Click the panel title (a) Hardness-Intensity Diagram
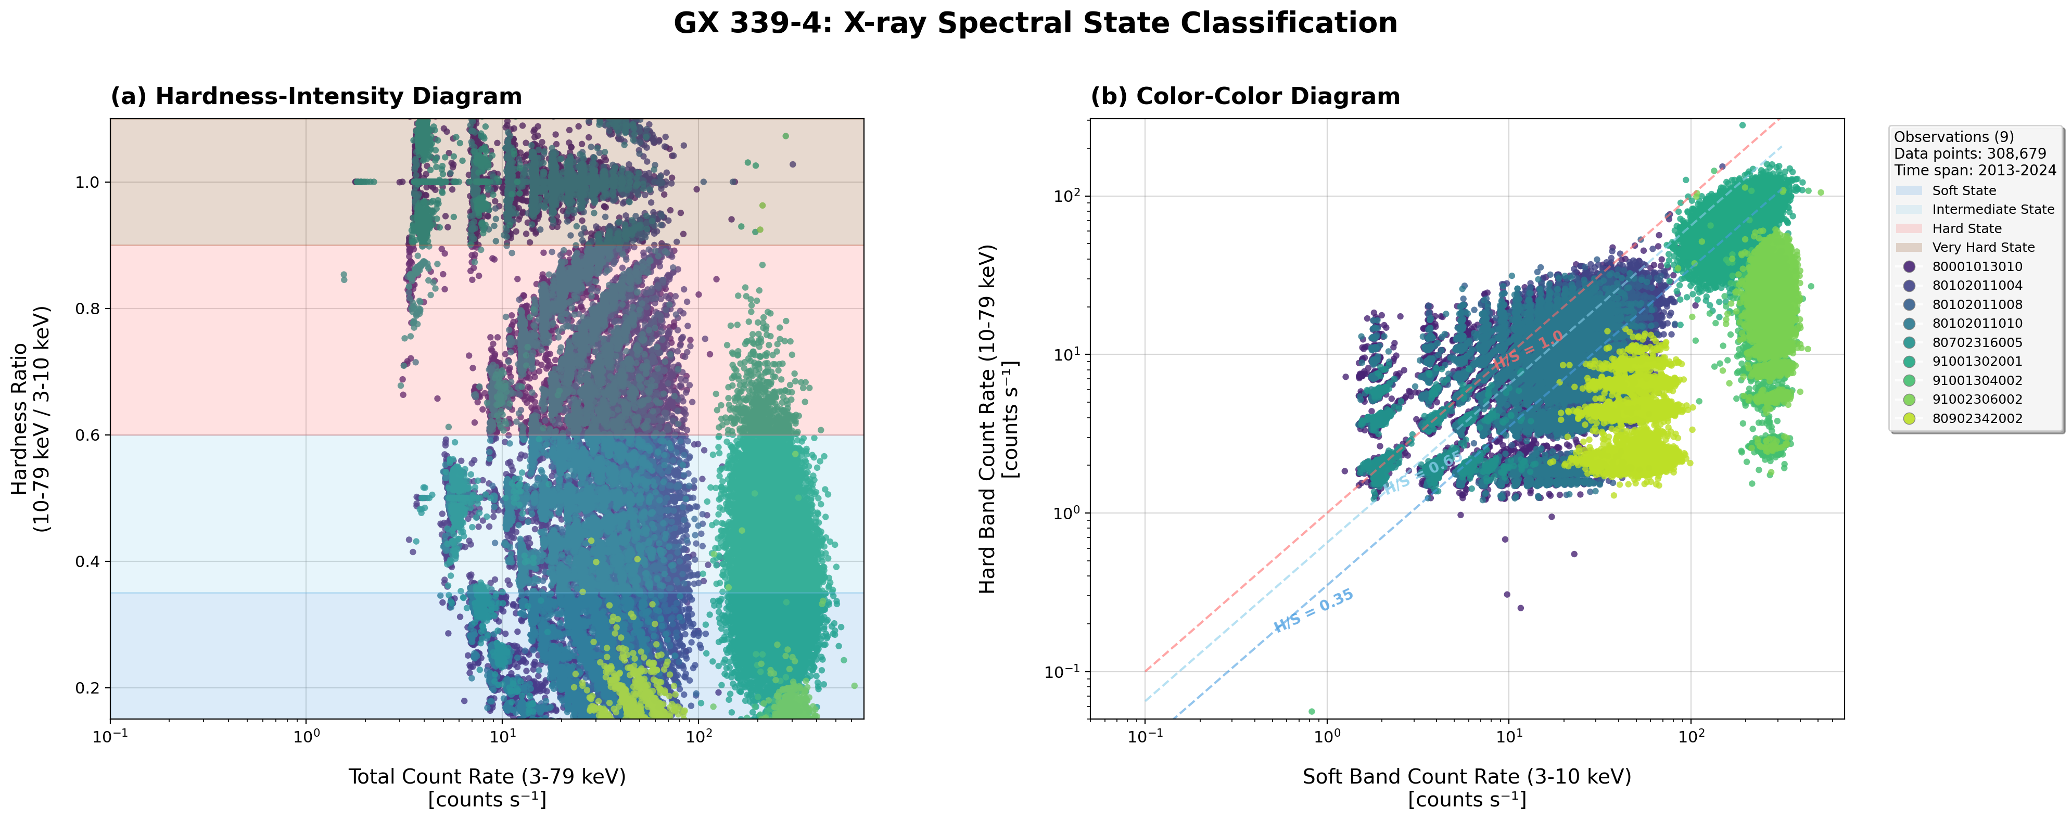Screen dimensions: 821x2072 316,96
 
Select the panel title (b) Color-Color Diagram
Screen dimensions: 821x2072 1244,96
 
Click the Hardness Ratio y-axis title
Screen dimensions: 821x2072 31,418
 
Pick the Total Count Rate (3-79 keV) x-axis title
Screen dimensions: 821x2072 487,777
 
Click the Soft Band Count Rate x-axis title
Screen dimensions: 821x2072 1466,777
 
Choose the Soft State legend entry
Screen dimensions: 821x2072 1963,190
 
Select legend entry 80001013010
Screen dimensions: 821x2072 1976,266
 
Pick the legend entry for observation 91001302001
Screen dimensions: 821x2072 1976,361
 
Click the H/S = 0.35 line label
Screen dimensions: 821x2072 1314,610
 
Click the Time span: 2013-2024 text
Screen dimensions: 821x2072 1975,171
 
